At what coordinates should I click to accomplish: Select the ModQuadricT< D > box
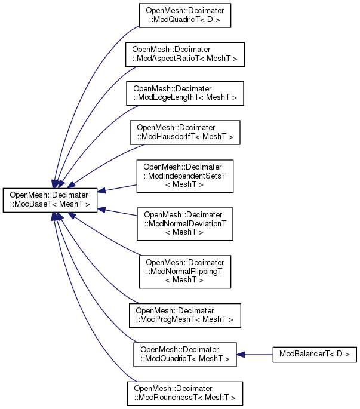(185, 17)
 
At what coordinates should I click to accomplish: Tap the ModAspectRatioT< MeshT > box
(185, 54)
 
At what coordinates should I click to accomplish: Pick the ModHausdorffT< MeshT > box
(185, 132)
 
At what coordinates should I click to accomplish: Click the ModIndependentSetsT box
(185, 176)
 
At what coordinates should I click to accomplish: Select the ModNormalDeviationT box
(185, 223)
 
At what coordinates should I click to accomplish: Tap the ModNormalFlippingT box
(185, 270)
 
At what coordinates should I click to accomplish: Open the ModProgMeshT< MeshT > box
(185, 315)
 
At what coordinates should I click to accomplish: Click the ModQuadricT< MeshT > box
(185, 353)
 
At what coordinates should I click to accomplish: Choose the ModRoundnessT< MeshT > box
(185, 393)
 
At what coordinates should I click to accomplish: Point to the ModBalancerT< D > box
(315, 354)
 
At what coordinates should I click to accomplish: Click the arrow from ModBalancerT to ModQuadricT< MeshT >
(257, 354)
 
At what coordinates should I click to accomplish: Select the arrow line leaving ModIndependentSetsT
(119, 187)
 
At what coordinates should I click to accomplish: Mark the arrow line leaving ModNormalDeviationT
(119, 213)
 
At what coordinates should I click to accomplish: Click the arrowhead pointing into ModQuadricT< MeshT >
(241, 354)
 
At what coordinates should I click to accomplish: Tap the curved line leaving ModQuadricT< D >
(90, 72)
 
